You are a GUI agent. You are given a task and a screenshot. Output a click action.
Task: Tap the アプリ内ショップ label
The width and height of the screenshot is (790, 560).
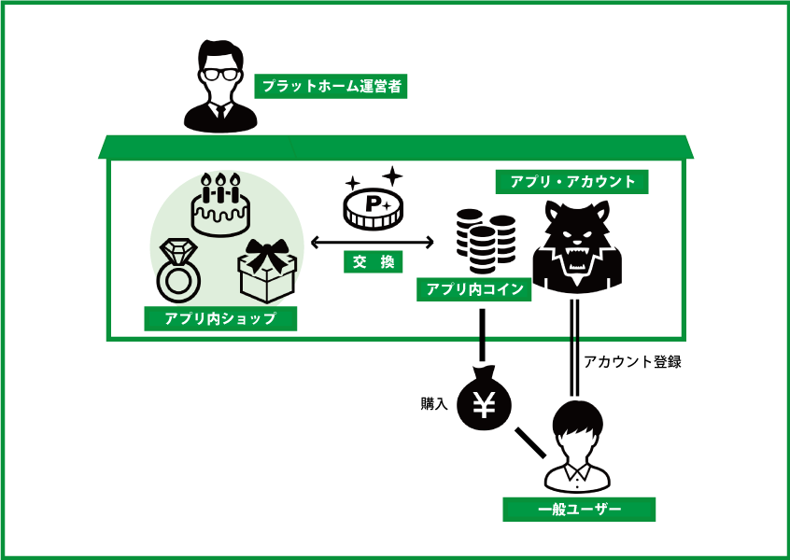220,319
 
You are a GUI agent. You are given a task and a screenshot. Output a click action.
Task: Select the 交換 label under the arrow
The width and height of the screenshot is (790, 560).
372,262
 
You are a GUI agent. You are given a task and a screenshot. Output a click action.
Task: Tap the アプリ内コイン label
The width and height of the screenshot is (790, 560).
474,289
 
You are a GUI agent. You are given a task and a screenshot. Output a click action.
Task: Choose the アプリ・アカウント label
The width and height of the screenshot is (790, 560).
572,181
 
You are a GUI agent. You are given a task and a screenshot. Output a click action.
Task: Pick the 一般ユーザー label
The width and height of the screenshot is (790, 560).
579,510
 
